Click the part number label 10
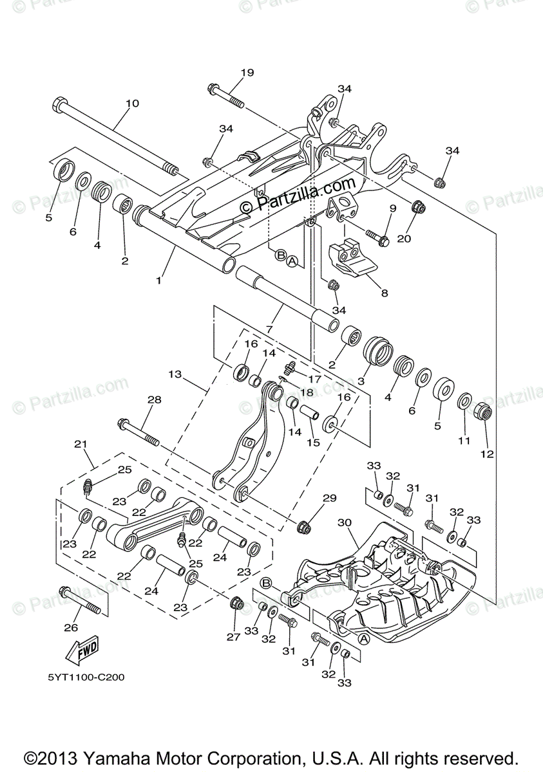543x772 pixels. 131,103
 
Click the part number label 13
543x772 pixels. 175,373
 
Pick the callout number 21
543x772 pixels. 81,444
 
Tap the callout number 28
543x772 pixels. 154,400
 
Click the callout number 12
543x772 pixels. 486,454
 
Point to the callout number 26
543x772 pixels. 71,627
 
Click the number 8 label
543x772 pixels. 384,293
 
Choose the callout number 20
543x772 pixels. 404,239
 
